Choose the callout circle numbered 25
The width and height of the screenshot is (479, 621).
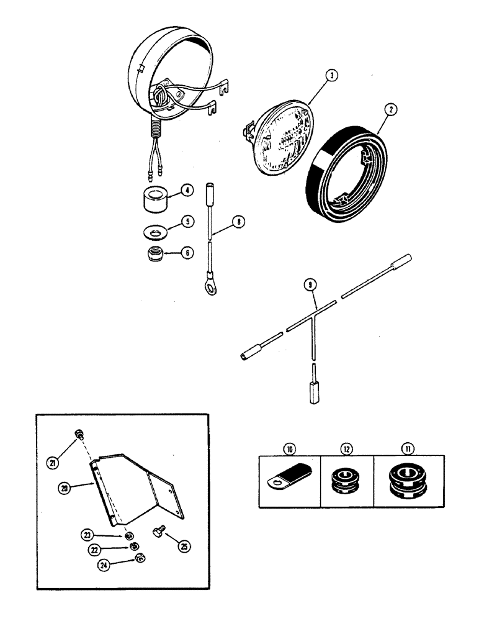click(x=184, y=546)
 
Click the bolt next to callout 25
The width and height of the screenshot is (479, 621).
click(x=159, y=532)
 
